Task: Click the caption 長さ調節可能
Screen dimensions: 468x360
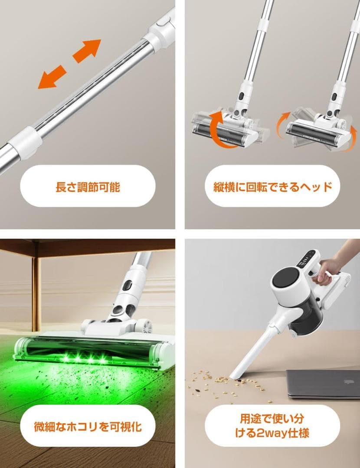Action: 88,187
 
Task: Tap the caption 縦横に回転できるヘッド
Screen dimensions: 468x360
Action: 272,187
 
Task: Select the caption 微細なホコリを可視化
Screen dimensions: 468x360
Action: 88,426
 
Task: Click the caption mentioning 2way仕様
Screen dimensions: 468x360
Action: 272,426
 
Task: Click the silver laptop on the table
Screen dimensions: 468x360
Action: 323,383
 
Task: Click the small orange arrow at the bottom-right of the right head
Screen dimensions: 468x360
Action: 346,146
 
